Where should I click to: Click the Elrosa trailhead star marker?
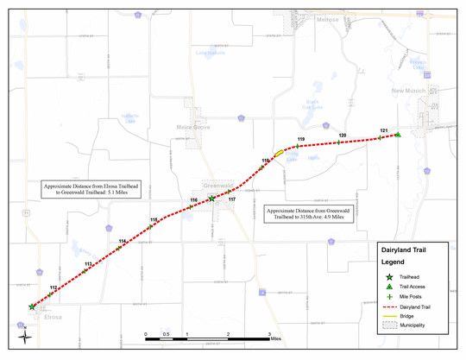[x=32, y=306]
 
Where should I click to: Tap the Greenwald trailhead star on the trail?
[x=212, y=199]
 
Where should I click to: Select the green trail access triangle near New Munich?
[x=397, y=135]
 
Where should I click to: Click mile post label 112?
[x=54, y=287]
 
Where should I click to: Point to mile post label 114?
[x=123, y=241]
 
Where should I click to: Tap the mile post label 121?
[x=383, y=130]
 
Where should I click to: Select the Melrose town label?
[x=328, y=19]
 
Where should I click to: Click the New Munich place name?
[x=409, y=91]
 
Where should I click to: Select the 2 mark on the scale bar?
[x=228, y=333]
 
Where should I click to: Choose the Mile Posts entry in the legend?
[x=412, y=295]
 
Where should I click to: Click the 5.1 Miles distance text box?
[x=91, y=188]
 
